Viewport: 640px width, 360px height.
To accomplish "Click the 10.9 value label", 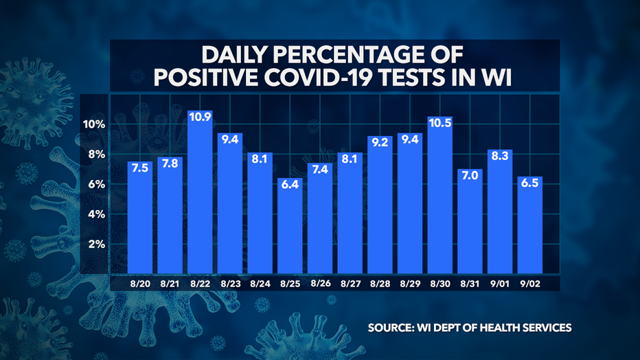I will (x=199, y=117).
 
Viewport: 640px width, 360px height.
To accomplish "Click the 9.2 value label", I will (x=379, y=143).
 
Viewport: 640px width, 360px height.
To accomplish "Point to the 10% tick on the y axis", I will (x=94, y=124).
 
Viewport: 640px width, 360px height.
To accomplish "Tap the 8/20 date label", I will (x=139, y=282).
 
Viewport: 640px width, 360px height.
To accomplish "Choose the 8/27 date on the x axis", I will (x=350, y=282).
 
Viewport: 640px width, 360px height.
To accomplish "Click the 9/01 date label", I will (x=499, y=282).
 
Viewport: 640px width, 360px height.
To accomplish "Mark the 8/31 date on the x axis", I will (x=469, y=282).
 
